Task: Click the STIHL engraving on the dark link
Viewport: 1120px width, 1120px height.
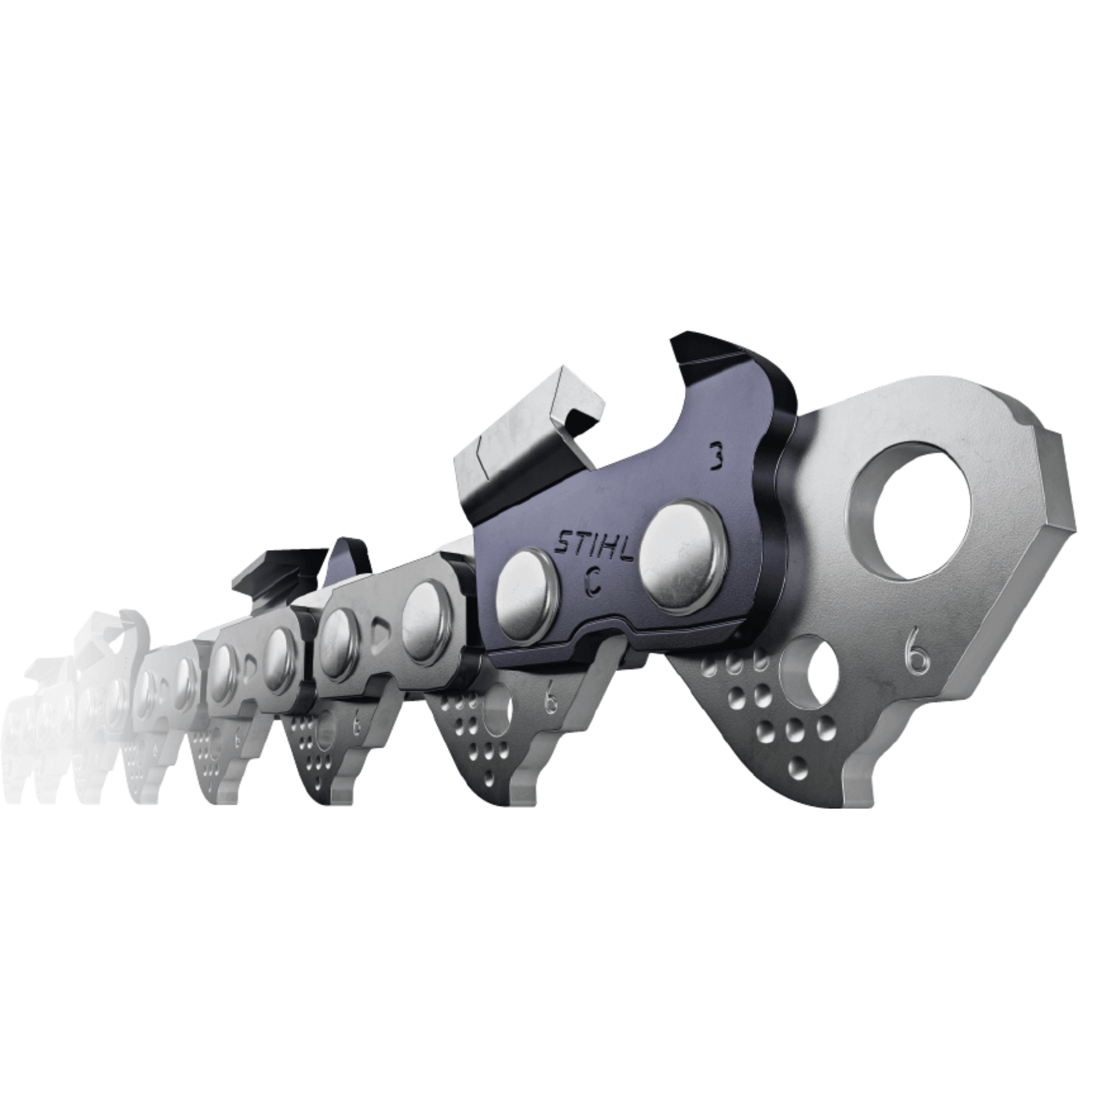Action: [x=594, y=545]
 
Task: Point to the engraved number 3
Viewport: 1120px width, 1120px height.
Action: [x=717, y=456]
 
